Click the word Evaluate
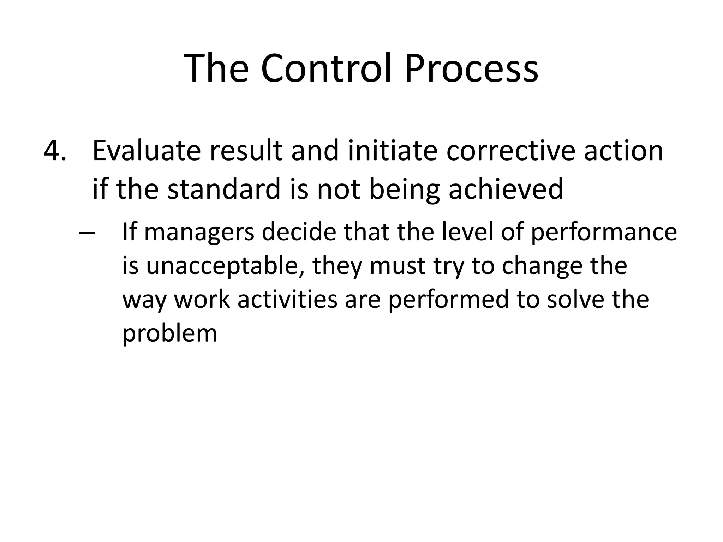coord(146,151)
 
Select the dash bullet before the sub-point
coord(87,233)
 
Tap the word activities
coord(287,299)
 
